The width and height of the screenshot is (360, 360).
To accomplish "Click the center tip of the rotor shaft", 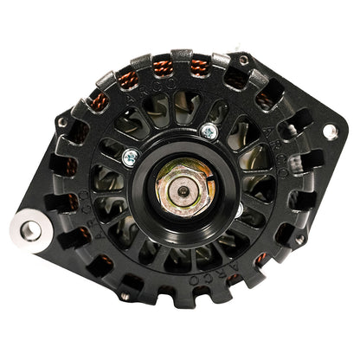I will pyautogui.click(x=182, y=190).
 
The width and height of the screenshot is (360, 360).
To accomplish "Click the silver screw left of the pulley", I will pyautogui.click(x=130, y=157).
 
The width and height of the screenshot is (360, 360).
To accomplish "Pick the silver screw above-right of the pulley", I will pyautogui.click(x=208, y=132).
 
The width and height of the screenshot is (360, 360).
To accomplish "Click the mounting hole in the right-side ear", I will pyautogui.click(x=330, y=132).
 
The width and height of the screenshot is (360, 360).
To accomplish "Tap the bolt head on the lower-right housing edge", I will pyautogui.click(x=299, y=239).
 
